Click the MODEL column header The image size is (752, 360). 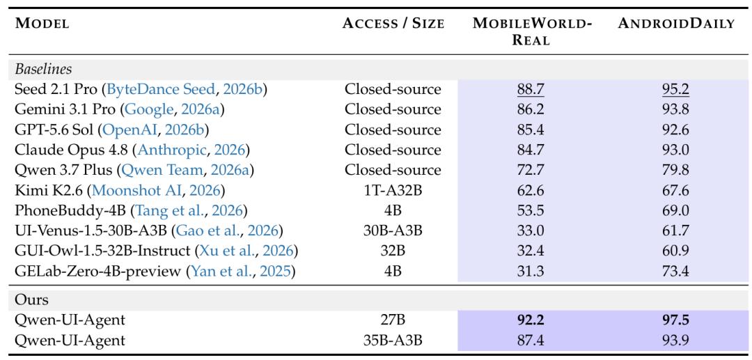(x=42, y=24)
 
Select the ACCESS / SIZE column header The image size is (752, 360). (x=393, y=24)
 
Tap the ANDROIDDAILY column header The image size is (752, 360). (x=676, y=24)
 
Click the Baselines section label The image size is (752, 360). (x=43, y=68)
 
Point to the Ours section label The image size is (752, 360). (x=31, y=299)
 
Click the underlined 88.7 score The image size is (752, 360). (x=531, y=89)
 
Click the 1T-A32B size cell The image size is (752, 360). (x=393, y=191)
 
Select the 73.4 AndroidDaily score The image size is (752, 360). (x=676, y=272)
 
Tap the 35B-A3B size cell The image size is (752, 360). (x=393, y=341)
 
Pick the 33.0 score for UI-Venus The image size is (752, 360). (x=531, y=231)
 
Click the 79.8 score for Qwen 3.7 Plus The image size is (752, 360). (x=676, y=170)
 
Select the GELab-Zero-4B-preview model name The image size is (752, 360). (x=98, y=272)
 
